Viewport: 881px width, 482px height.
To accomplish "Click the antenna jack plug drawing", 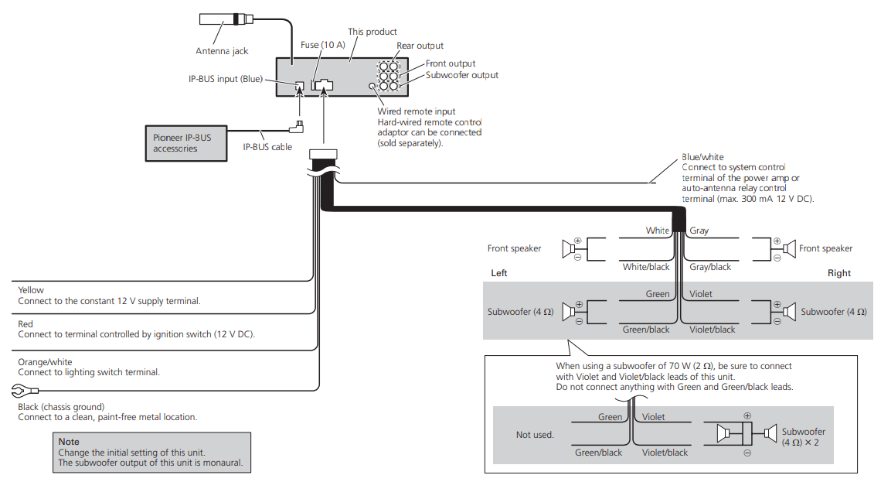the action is click(226, 19).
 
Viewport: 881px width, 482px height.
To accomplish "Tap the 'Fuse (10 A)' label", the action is click(322, 45).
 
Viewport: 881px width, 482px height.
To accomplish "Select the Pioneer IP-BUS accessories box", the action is click(186, 143).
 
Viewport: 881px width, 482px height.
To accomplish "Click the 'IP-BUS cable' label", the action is click(267, 147).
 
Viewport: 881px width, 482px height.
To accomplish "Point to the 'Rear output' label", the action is click(420, 46).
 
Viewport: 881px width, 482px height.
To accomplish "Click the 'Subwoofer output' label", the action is click(462, 75).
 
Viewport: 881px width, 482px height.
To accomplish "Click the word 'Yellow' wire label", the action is click(31, 290).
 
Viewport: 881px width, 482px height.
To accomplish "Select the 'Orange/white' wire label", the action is click(45, 362).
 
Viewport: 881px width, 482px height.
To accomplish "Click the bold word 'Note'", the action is click(69, 442).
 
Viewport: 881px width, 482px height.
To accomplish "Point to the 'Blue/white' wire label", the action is click(702, 157).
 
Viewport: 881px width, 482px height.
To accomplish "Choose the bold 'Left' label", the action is click(499, 273).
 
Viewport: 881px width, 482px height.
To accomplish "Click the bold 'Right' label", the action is click(839, 273).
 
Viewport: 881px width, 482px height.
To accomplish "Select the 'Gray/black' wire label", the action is click(710, 267).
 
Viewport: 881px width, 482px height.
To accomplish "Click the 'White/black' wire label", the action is click(645, 267).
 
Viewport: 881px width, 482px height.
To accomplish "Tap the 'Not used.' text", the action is click(535, 435).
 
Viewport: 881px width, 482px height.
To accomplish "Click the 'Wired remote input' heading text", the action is click(417, 111).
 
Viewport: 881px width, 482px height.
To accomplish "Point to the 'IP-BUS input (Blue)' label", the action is click(226, 80).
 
